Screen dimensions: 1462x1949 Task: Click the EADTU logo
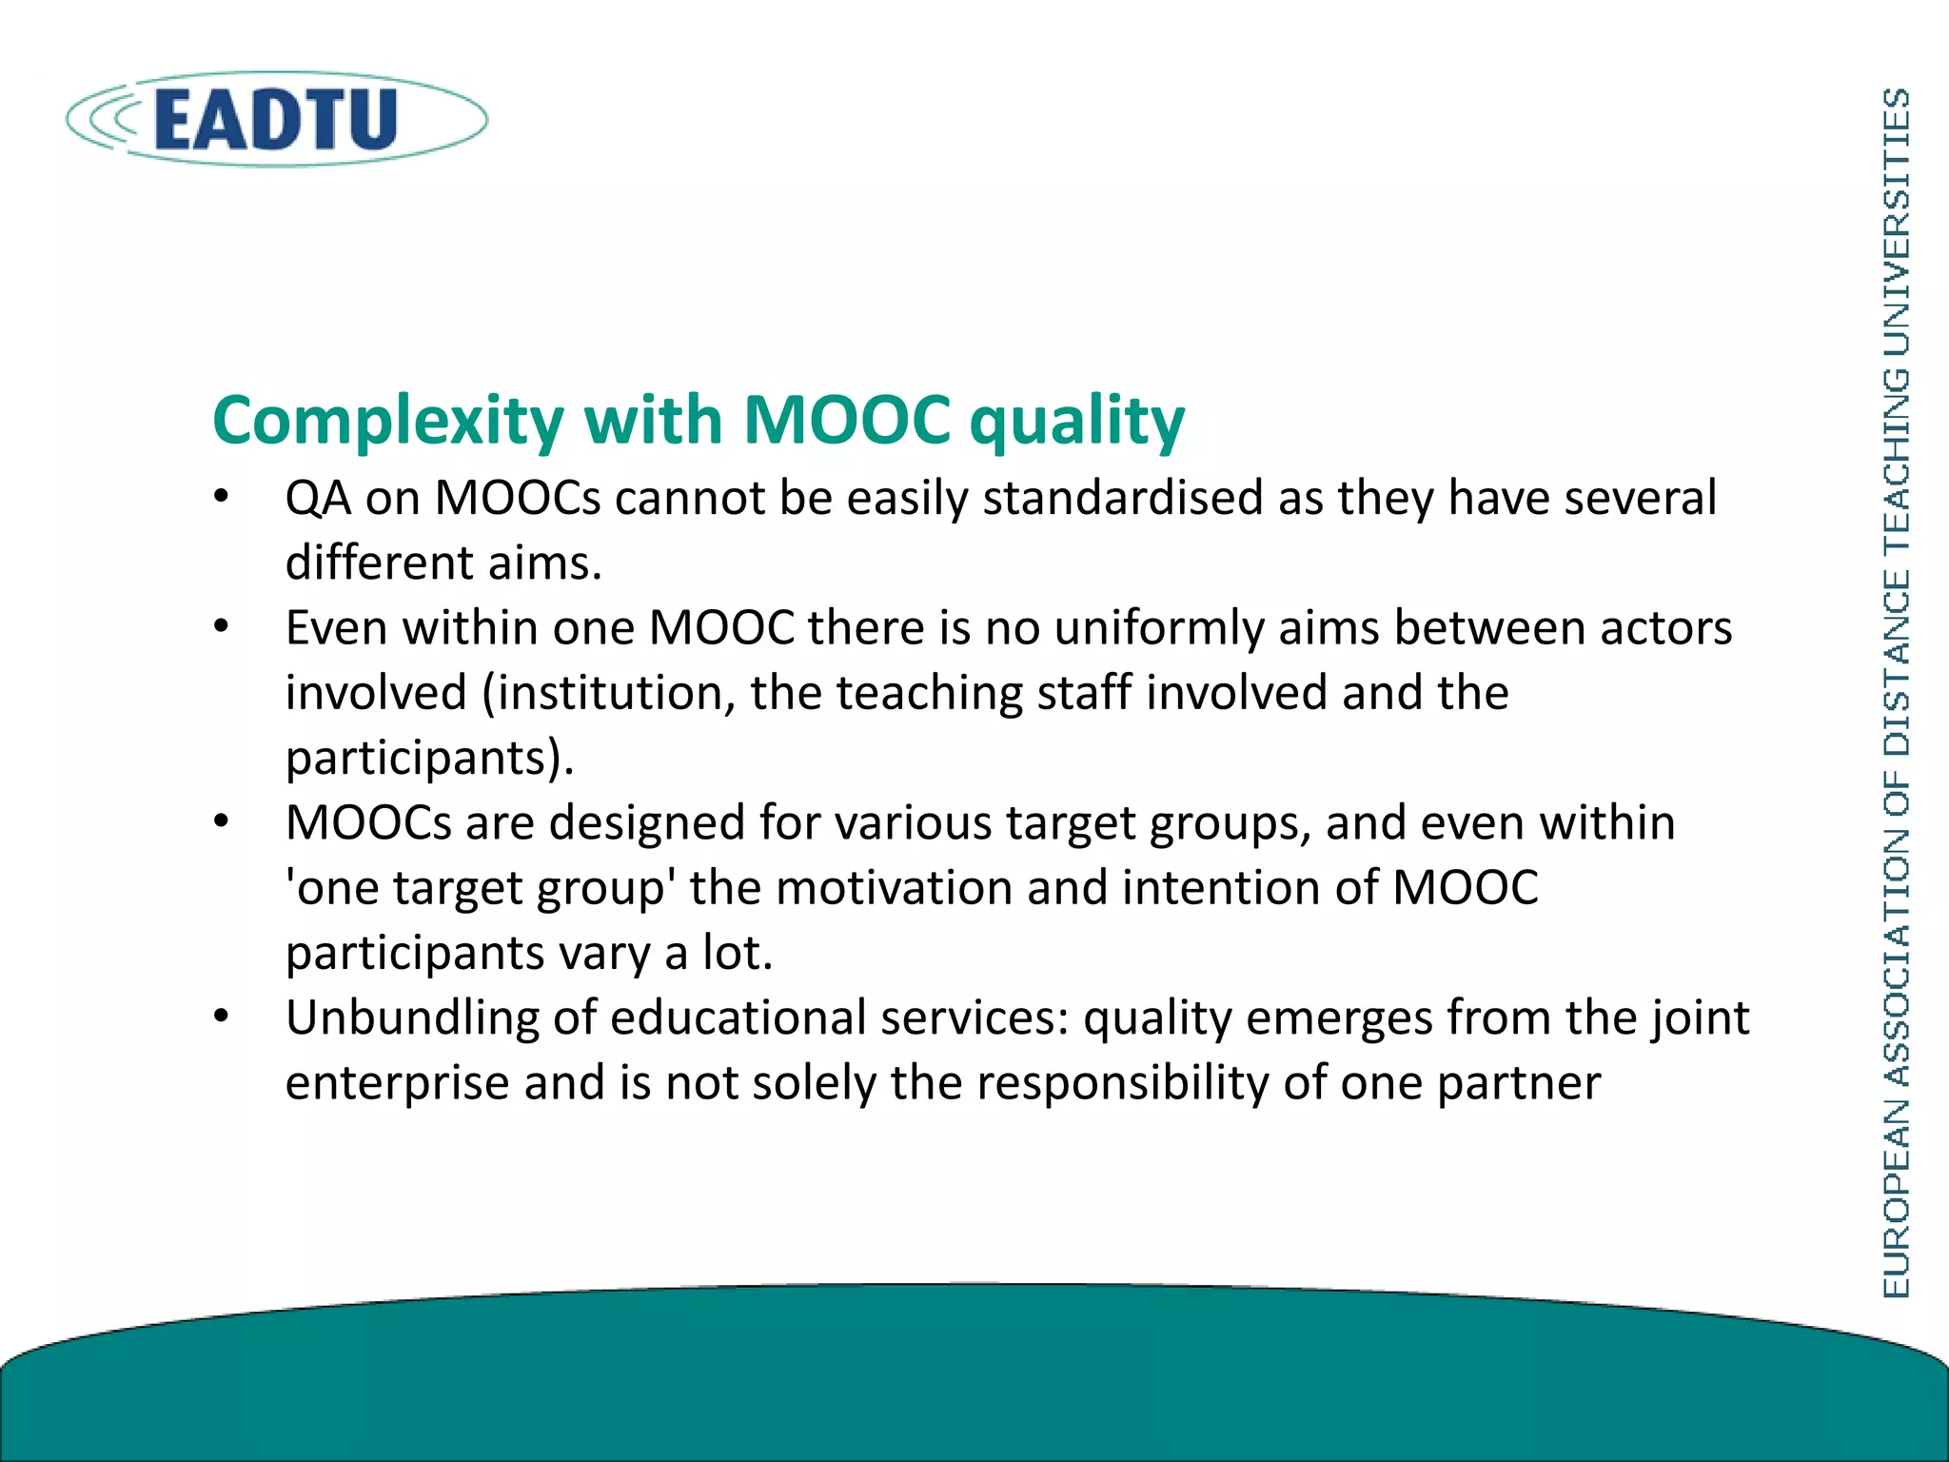[276, 119]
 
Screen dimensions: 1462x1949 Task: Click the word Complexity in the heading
[388, 421]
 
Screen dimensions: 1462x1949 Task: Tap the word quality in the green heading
[1076, 421]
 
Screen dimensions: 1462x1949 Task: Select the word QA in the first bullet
[318, 499]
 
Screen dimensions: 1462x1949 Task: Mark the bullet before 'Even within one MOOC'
[222, 627]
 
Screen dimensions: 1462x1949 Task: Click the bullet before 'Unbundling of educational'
[222, 1017]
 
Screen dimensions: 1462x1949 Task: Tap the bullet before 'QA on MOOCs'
[222, 497]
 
